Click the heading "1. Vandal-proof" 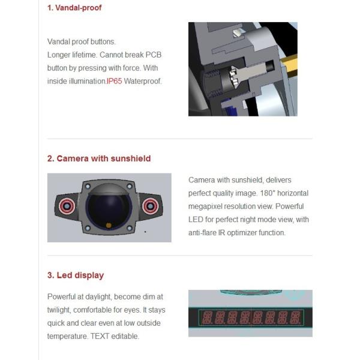[74, 8]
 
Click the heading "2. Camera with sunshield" [99, 158]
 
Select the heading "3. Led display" [76, 275]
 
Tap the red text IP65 [114, 81]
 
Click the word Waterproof [143, 81]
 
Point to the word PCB [154, 55]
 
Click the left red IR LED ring [67, 206]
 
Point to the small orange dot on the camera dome [109, 226]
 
